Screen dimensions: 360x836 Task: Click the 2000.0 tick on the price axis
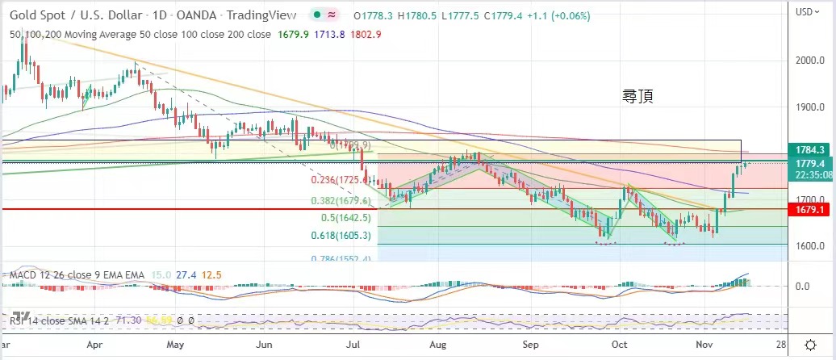tap(809, 61)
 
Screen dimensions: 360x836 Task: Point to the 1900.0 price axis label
tap(809, 107)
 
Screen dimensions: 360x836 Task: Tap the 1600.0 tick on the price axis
tap(809, 247)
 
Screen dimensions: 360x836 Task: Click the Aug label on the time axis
tap(439, 343)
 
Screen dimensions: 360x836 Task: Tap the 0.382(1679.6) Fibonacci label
tap(341, 201)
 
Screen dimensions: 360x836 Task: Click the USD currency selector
tap(808, 11)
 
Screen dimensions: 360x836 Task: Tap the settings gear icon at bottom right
tap(809, 344)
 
